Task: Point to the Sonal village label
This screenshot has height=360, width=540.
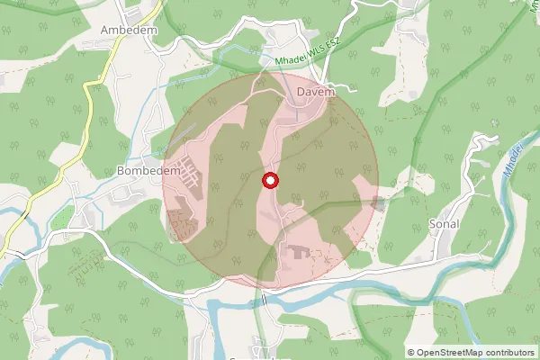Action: click(445, 223)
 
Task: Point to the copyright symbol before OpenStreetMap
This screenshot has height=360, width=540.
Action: click(411, 352)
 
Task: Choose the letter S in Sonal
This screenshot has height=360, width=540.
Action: click(432, 223)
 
